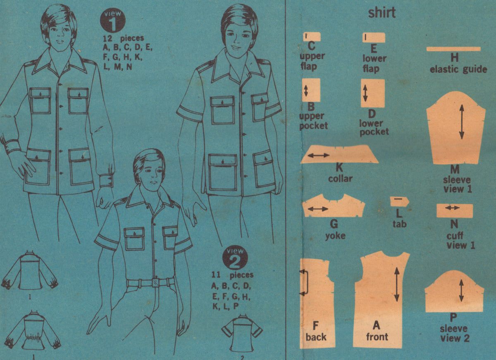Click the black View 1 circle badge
coord(112,21)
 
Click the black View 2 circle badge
coord(235,258)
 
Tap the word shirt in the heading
coord(382,13)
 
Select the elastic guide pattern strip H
coord(453,49)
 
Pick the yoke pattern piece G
coord(333,208)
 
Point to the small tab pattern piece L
coord(399,202)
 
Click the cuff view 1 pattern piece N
coord(454,210)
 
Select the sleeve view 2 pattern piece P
coord(454,293)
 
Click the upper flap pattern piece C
coord(311,37)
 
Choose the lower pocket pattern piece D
coord(372,93)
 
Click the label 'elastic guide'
coord(458,69)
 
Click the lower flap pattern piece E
coord(374,38)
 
